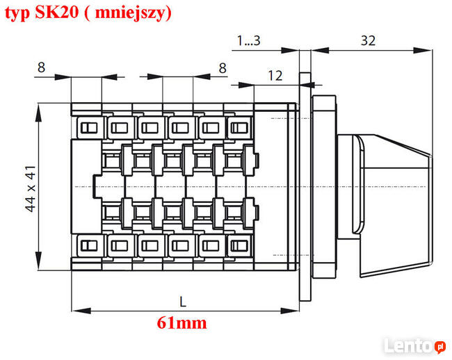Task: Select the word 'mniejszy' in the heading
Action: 133,13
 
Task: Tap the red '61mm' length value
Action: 182,322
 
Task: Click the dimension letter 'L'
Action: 183,302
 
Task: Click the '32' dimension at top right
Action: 369,40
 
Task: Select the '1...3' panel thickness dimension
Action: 248,40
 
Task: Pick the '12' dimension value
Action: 275,76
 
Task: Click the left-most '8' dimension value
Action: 41,67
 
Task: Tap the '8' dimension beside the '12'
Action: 223,67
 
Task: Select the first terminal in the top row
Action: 88,127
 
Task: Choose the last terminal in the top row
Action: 239,127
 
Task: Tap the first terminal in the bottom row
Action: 88,245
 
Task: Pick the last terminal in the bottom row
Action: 239,245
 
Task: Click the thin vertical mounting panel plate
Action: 304,188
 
